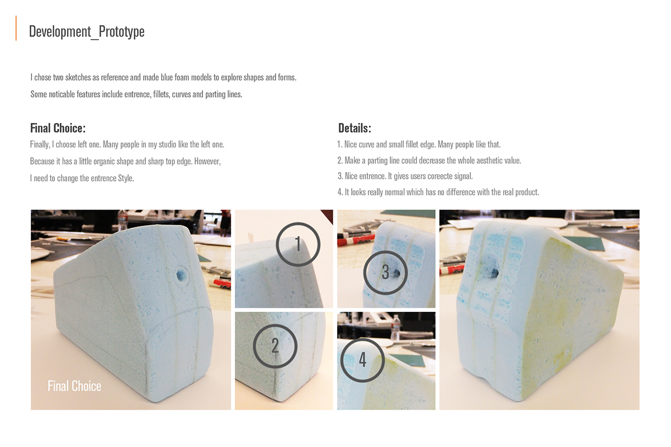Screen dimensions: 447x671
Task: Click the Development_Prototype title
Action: pyautogui.click(x=87, y=31)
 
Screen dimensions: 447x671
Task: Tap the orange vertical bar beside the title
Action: pyautogui.click(x=16, y=28)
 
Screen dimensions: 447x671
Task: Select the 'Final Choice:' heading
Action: pyautogui.click(x=58, y=128)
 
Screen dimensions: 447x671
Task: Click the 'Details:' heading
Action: pyautogui.click(x=355, y=128)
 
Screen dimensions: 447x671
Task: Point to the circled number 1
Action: pyautogui.click(x=298, y=244)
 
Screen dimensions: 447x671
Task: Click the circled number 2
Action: pyautogui.click(x=275, y=346)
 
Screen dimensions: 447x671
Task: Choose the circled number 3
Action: pyautogui.click(x=385, y=272)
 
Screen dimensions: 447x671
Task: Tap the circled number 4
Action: pyautogui.click(x=362, y=360)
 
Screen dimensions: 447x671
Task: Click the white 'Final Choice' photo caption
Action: pyautogui.click(x=74, y=386)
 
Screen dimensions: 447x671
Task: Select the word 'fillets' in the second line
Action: pyautogui.click(x=161, y=94)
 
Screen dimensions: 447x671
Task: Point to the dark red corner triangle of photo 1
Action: pyautogui.click(x=328, y=215)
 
